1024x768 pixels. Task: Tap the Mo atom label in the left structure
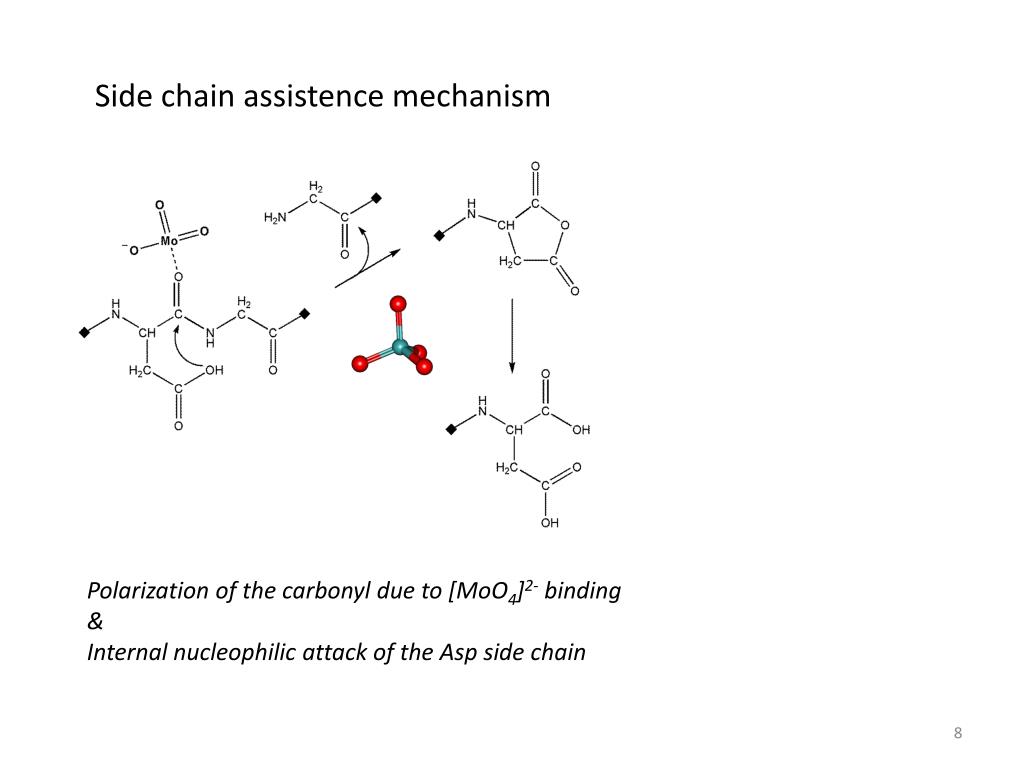[x=169, y=240]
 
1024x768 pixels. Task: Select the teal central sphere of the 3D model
[x=401, y=347]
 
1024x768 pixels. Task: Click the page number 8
[x=958, y=735]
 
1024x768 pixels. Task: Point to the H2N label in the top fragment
[x=275, y=218]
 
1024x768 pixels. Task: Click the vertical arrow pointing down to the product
[x=512, y=335]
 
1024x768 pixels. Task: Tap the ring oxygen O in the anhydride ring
[x=564, y=225]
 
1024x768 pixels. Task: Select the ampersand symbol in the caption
[x=96, y=622]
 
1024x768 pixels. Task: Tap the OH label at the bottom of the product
[x=549, y=523]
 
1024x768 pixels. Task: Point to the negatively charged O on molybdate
[x=133, y=250]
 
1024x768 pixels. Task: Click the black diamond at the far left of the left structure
[x=84, y=331]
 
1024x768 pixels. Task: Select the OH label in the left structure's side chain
[x=214, y=370]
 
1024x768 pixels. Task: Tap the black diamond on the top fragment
[x=376, y=198]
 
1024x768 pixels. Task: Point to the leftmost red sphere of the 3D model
[x=359, y=363]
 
